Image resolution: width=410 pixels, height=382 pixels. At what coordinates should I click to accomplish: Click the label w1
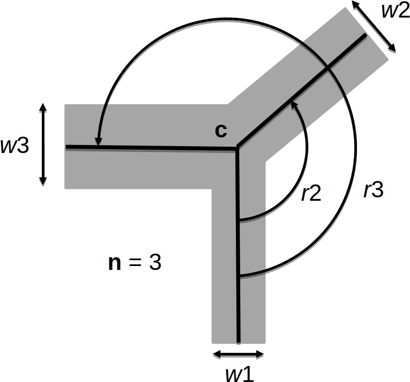(239, 373)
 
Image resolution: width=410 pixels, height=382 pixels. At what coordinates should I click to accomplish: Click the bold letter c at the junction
(221, 131)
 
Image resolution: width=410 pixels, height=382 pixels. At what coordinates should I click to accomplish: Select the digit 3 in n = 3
(155, 263)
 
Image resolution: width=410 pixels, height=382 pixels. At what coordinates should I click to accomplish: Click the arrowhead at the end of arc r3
(98, 142)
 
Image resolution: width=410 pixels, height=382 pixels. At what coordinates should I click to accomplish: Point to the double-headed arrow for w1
(238, 354)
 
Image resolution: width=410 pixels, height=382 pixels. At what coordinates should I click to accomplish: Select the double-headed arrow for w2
(374, 26)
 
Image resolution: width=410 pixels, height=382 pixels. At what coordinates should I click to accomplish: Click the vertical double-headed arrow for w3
(43, 145)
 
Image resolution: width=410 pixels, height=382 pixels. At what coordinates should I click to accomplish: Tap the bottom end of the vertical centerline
(238, 341)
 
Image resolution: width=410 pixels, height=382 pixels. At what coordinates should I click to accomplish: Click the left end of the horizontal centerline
(67, 146)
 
